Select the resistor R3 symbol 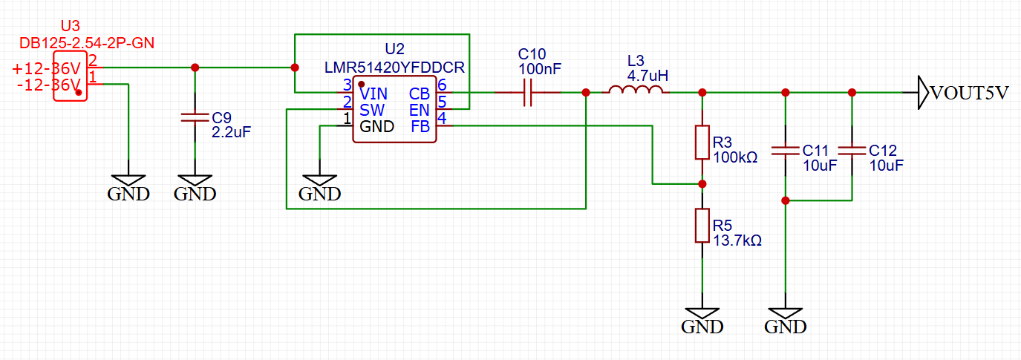[x=702, y=142]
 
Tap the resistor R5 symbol [x=702, y=226]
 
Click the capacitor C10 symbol [x=528, y=93]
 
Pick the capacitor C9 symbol [x=195, y=117]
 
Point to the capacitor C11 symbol [x=785, y=151]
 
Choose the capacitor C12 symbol [x=852, y=151]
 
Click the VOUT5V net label [x=970, y=94]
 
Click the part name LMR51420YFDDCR [x=394, y=68]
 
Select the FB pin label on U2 [x=420, y=126]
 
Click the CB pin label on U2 [x=419, y=94]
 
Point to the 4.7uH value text [x=647, y=76]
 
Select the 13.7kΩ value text [x=737, y=240]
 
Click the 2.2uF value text [x=232, y=133]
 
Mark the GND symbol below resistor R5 [x=702, y=319]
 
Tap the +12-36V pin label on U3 [x=45, y=69]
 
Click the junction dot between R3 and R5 [x=702, y=183]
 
